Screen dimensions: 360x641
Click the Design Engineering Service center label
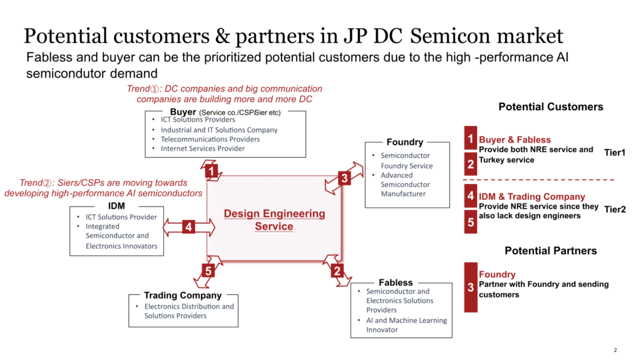(274, 220)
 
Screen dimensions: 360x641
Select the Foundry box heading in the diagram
(405, 142)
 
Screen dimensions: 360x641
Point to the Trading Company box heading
(183, 295)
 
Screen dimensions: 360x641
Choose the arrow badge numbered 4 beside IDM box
(188, 227)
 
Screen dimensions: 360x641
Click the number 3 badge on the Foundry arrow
(344, 178)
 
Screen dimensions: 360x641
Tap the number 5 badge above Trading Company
(209, 270)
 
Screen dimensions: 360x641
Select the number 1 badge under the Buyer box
(212, 170)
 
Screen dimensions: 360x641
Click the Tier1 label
(615, 152)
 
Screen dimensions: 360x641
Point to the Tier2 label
(615, 209)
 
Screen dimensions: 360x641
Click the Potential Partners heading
(551, 250)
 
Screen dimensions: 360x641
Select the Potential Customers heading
(551, 106)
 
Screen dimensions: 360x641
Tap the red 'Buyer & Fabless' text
(515, 140)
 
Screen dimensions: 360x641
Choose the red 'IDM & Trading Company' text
(531, 197)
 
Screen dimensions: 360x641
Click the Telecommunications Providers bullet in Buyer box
(210, 139)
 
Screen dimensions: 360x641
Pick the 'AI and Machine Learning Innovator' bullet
(407, 325)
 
